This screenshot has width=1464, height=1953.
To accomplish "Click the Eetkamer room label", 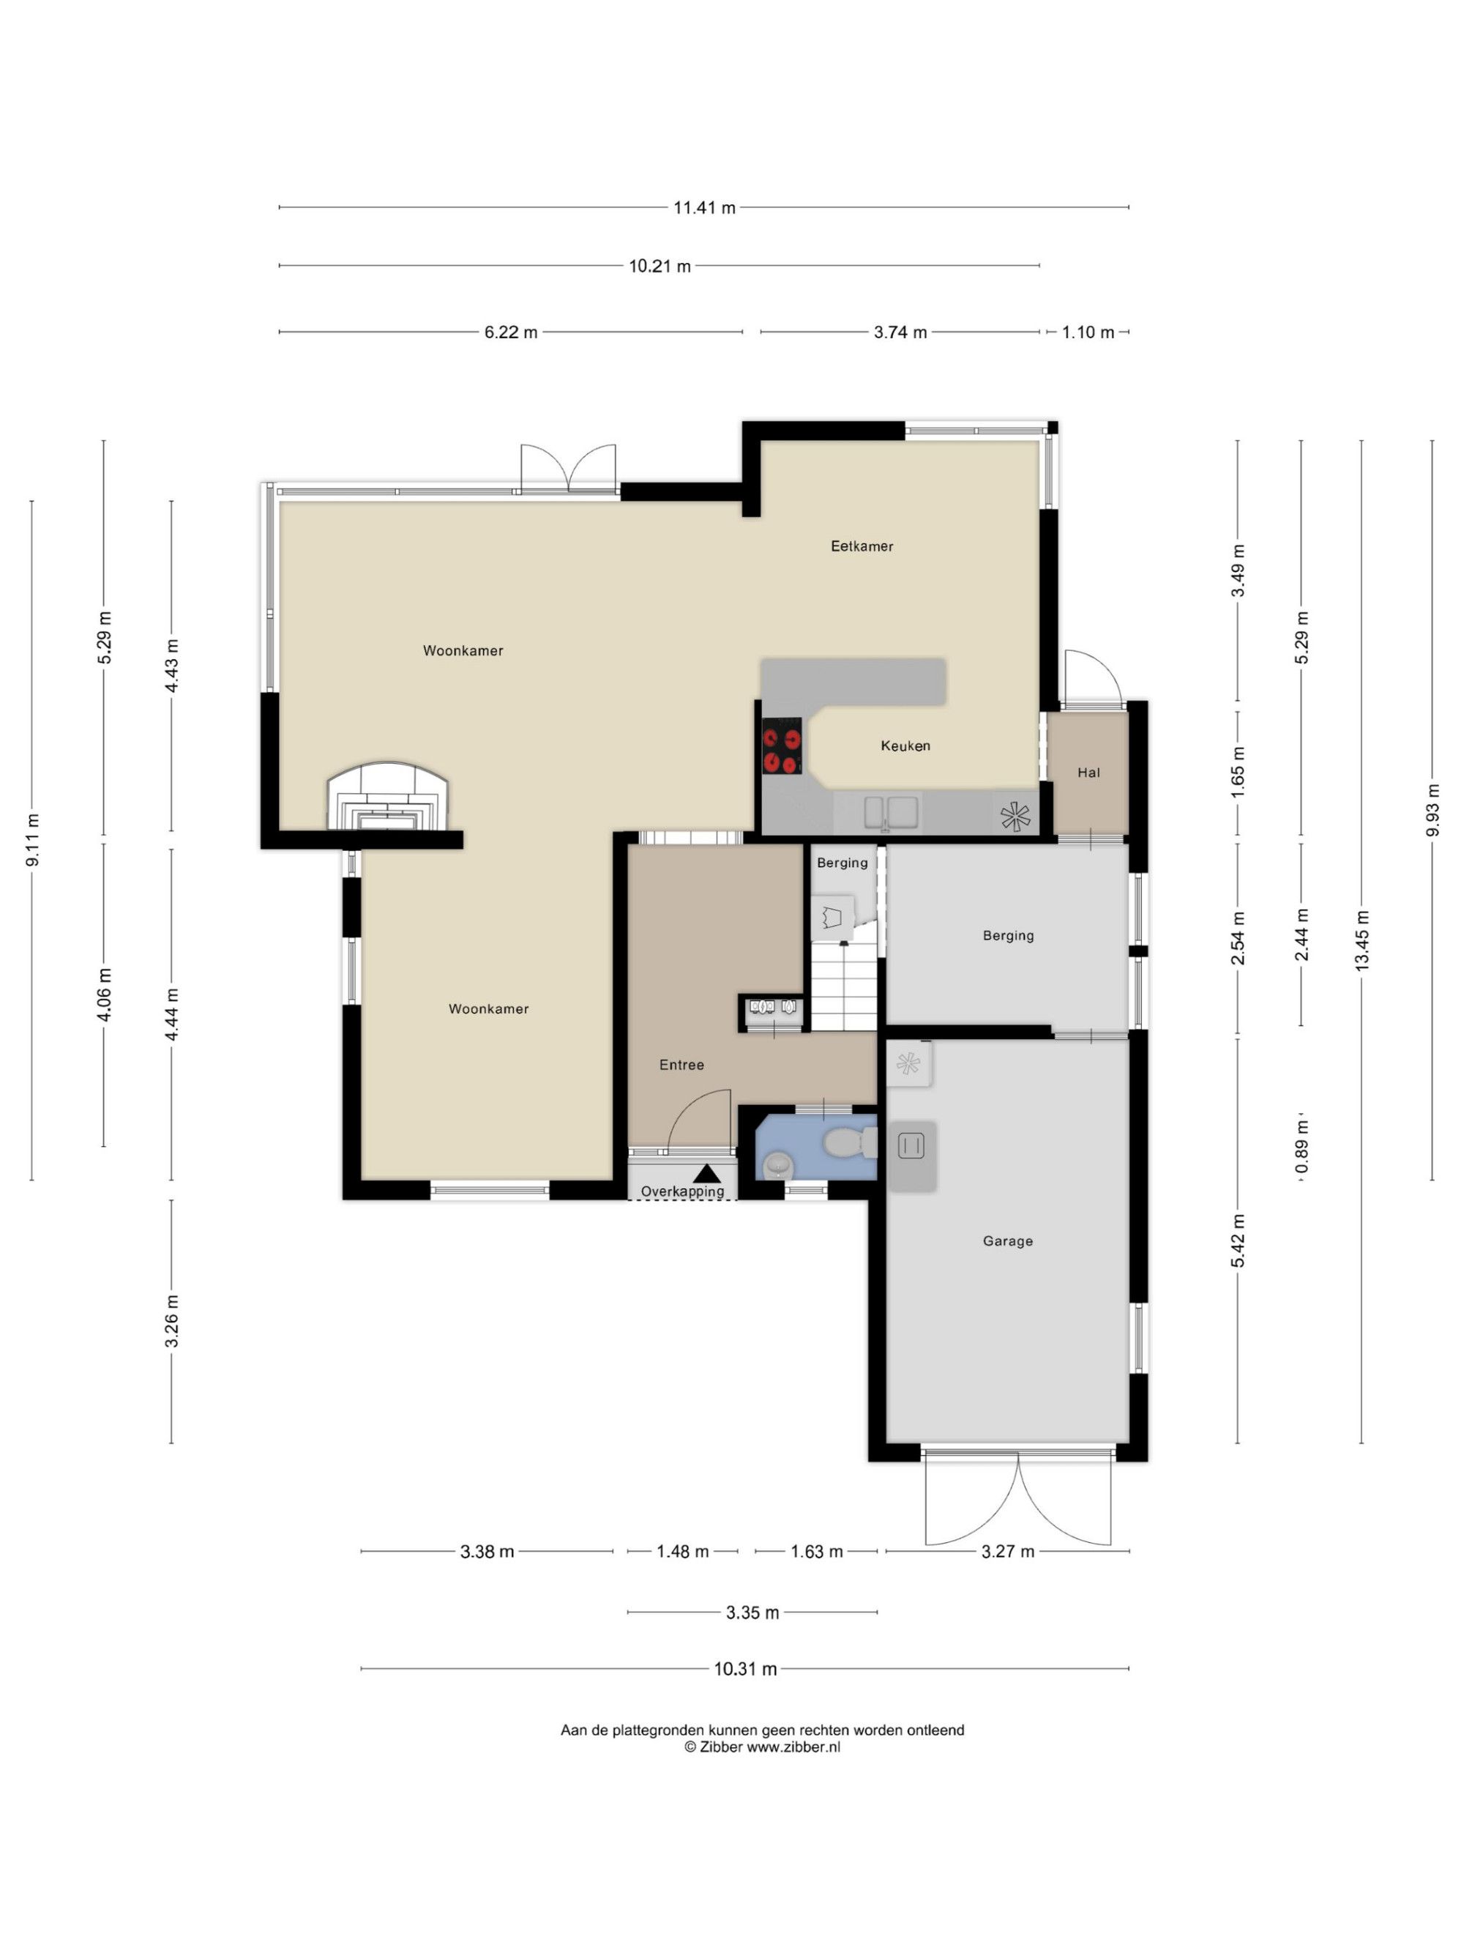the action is pyautogui.click(x=862, y=546).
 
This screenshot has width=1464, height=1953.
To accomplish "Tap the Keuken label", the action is pyautogui.click(x=905, y=746).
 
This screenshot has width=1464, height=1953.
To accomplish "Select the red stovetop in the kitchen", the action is pyautogui.click(x=782, y=747).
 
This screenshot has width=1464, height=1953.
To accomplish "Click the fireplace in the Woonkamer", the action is pyautogui.click(x=388, y=797).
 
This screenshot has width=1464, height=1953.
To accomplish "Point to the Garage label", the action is pyautogui.click(x=1008, y=1241).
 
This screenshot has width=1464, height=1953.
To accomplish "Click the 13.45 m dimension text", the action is pyautogui.click(x=1362, y=941).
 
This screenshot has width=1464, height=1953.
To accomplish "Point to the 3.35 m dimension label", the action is pyautogui.click(x=752, y=1613).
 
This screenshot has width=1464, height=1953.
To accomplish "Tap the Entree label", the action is pyautogui.click(x=682, y=1065).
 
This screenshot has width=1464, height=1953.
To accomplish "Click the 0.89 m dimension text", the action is pyautogui.click(x=1301, y=1147).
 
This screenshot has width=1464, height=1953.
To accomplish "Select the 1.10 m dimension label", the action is pyautogui.click(x=1088, y=333).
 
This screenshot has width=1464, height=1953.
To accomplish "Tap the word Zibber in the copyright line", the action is pyautogui.click(x=721, y=1747).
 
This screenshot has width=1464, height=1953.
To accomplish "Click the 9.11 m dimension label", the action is pyautogui.click(x=33, y=840).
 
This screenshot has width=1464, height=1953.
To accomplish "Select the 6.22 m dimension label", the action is pyautogui.click(x=511, y=333).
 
